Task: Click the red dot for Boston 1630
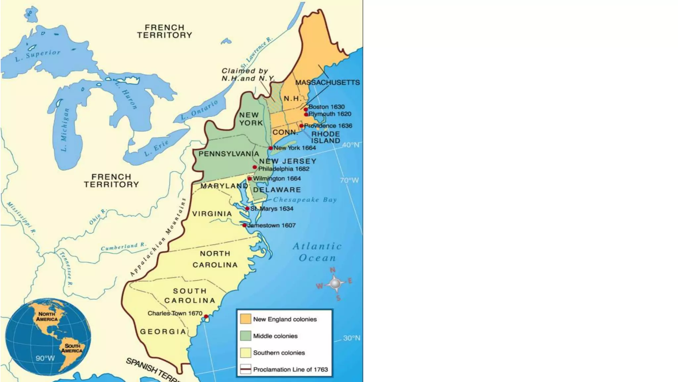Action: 306,109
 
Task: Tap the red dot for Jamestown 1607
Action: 245,225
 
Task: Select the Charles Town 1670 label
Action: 175,313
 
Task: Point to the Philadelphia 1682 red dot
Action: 255,167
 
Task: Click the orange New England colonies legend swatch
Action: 245,319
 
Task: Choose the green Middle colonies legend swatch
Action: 245,336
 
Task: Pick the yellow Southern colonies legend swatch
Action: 245,353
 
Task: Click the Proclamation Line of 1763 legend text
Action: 290,369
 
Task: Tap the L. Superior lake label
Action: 38,55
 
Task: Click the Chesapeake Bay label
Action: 305,200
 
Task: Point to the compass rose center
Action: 335,284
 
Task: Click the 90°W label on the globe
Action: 45,358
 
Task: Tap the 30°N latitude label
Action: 352,338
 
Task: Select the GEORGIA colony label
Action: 163,332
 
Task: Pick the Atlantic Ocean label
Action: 317,252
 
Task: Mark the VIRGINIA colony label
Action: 212,214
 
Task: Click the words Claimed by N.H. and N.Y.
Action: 248,75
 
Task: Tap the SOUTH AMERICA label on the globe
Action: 72,348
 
